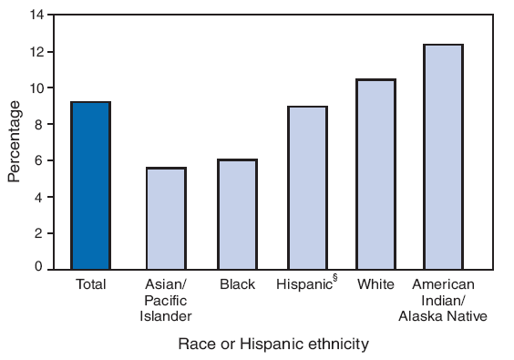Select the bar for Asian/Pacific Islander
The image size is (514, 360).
166,218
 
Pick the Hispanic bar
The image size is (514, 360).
308,188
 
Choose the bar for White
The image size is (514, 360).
375,174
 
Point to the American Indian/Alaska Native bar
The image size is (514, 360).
443,156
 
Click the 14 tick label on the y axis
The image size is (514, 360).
36,15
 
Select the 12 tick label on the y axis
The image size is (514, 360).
36,52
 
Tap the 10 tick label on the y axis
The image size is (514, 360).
36,88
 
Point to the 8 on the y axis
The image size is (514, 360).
40,125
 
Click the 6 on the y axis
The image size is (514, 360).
40,160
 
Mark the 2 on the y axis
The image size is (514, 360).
40,233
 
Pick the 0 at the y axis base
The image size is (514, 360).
40,267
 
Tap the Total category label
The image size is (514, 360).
91,284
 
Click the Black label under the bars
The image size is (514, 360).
237,284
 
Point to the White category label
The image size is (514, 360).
375,284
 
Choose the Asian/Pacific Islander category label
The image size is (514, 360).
166,300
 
